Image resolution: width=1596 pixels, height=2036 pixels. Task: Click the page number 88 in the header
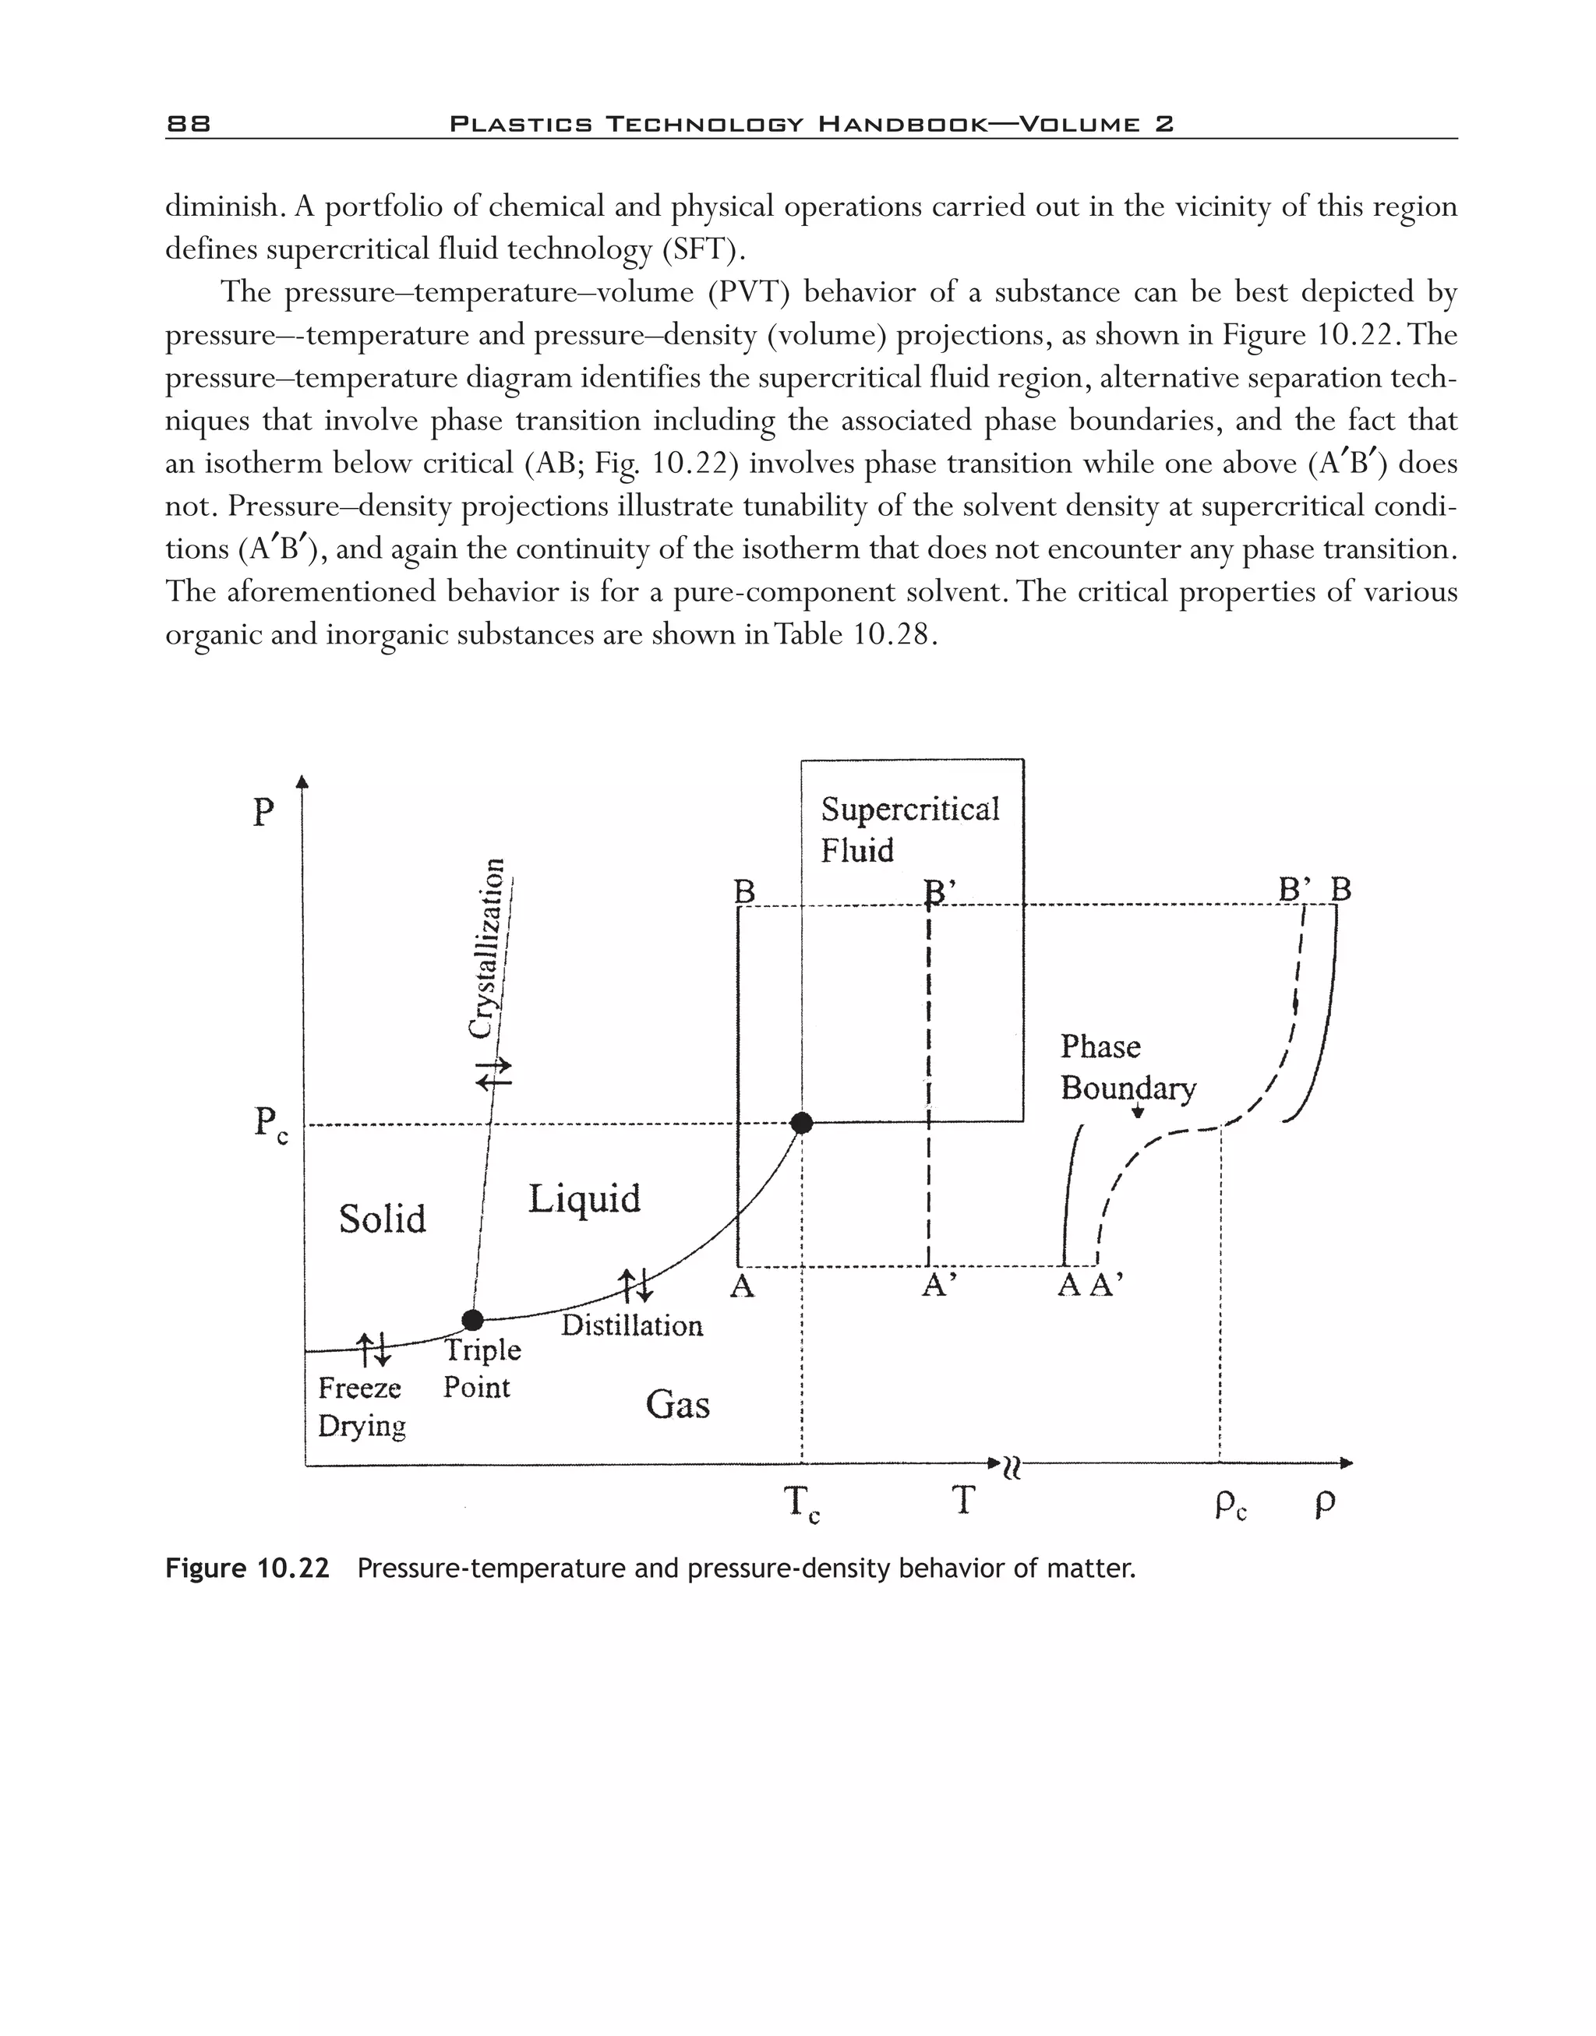click(189, 123)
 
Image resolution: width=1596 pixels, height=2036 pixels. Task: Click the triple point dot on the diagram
click(473, 1319)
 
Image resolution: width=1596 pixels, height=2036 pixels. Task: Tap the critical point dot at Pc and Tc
click(801, 1123)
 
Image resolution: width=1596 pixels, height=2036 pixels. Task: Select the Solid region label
click(382, 1219)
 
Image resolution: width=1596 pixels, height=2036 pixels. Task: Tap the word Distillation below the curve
click(632, 1325)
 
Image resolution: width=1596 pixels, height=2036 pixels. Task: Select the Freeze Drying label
click(362, 1406)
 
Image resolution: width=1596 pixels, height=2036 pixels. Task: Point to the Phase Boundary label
click(1127, 1067)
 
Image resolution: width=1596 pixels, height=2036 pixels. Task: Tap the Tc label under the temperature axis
click(801, 1505)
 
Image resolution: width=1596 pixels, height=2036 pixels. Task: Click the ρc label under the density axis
click(1231, 1505)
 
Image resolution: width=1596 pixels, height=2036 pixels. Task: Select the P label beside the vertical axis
click(264, 813)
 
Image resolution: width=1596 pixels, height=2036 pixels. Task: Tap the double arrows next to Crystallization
click(494, 1073)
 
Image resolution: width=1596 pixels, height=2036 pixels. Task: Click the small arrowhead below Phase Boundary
click(1138, 1112)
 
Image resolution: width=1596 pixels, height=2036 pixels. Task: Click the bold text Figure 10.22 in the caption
click(248, 1568)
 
